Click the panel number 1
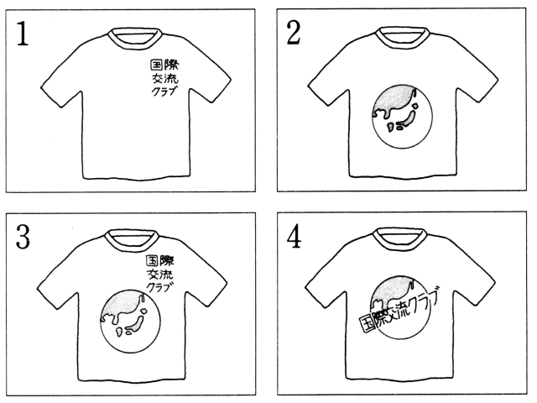click(x=23, y=34)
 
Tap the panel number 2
click(x=294, y=33)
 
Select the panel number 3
click(x=23, y=237)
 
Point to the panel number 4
click(x=294, y=237)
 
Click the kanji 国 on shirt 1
click(x=156, y=65)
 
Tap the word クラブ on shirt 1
click(x=164, y=92)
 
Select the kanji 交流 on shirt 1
click(x=165, y=78)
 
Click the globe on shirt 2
click(x=402, y=117)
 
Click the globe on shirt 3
click(x=131, y=322)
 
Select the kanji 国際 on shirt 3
click(x=160, y=261)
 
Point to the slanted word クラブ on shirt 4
click(x=425, y=301)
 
